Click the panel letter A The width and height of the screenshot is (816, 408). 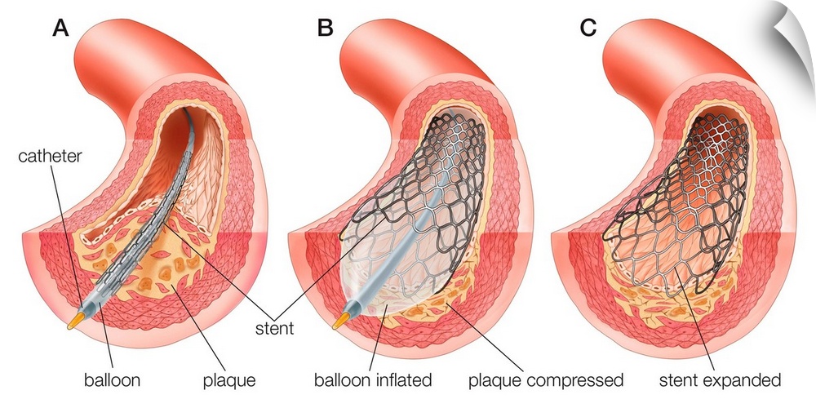[60, 28]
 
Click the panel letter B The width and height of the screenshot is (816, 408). [326, 28]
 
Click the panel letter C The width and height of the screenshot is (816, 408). [588, 28]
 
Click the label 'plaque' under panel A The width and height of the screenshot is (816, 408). [230, 380]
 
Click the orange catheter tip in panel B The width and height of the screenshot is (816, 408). [339, 320]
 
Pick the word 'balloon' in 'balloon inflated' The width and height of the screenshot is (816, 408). [341, 380]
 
